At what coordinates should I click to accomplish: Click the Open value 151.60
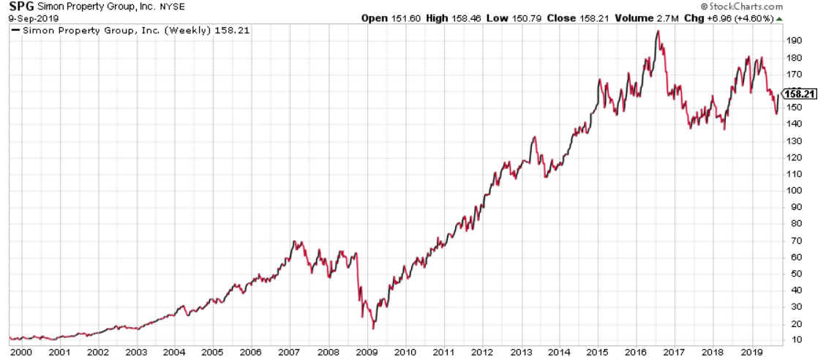click(x=406, y=18)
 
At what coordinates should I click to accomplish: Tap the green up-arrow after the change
click(x=779, y=19)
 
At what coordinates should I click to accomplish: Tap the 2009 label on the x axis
click(x=367, y=351)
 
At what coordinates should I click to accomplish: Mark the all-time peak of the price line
click(x=658, y=31)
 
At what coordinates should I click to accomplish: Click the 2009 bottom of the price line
click(x=373, y=329)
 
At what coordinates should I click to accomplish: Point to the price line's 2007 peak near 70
click(x=294, y=241)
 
